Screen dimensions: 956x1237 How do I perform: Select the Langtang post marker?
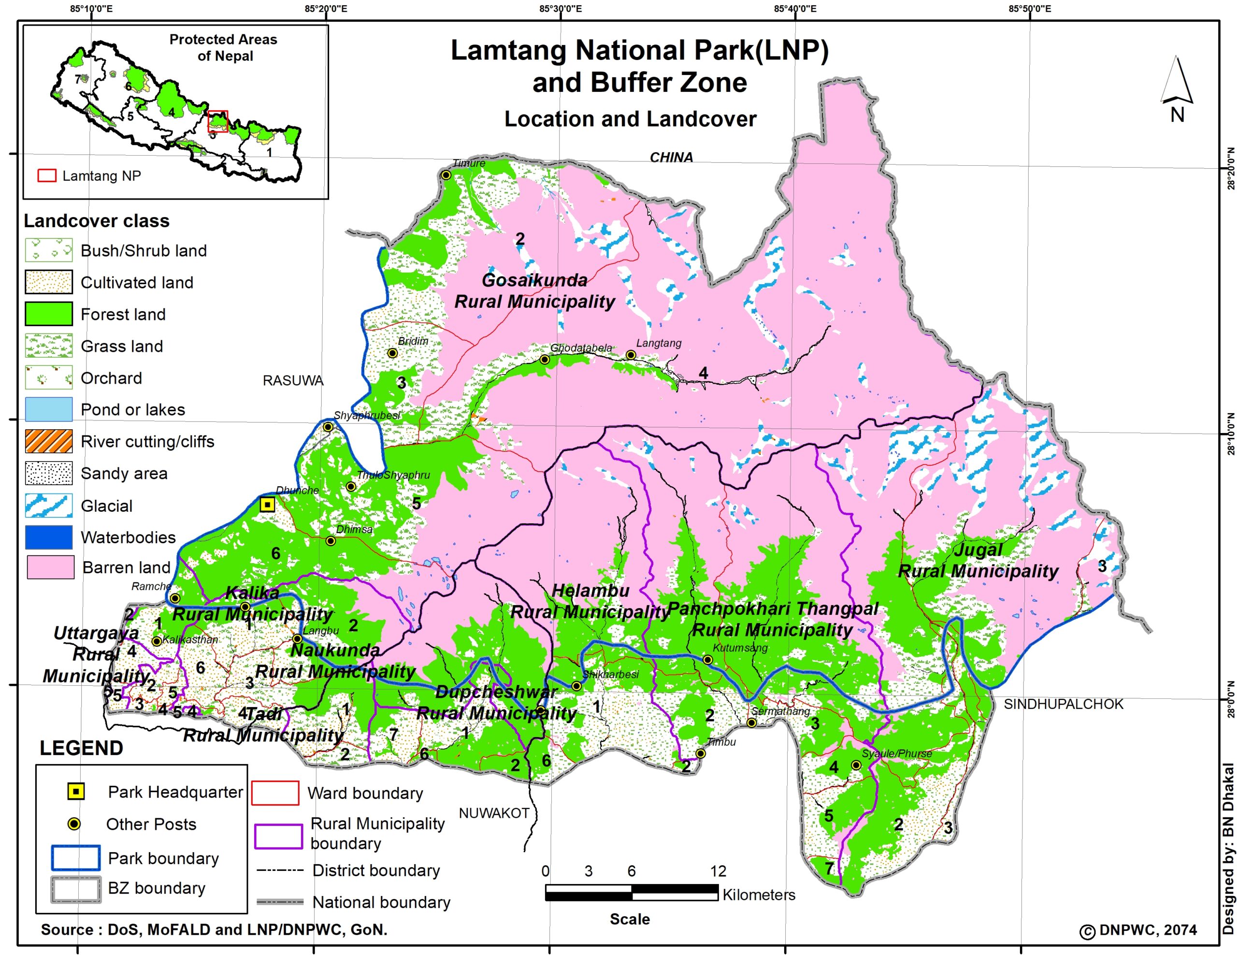click(x=631, y=355)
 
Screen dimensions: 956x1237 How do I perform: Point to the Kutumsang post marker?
click(x=707, y=660)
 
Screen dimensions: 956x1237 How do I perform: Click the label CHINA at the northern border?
click(x=671, y=157)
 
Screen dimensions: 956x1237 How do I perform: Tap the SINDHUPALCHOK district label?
click(x=1063, y=704)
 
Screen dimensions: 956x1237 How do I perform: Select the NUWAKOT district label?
click(x=494, y=813)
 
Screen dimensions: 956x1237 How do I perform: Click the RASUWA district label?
click(x=293, y=380)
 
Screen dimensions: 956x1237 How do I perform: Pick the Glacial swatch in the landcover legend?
click(x=49, y=506)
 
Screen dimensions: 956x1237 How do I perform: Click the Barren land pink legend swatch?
click(x=50, y=567)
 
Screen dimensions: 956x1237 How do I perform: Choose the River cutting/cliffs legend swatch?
click(x=49, y=441)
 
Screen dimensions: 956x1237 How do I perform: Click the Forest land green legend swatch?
click(x=49, y=314)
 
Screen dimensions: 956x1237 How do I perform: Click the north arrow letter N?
click(x=1177, y=115)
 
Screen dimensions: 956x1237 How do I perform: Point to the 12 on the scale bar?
click(x=718, y=871)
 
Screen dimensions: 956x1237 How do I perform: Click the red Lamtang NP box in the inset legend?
click(x=47, y=175)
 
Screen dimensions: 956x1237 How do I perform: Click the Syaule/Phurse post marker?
click(x=856, y=765)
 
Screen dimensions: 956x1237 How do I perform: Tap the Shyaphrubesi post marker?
click(x=328, y=427)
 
